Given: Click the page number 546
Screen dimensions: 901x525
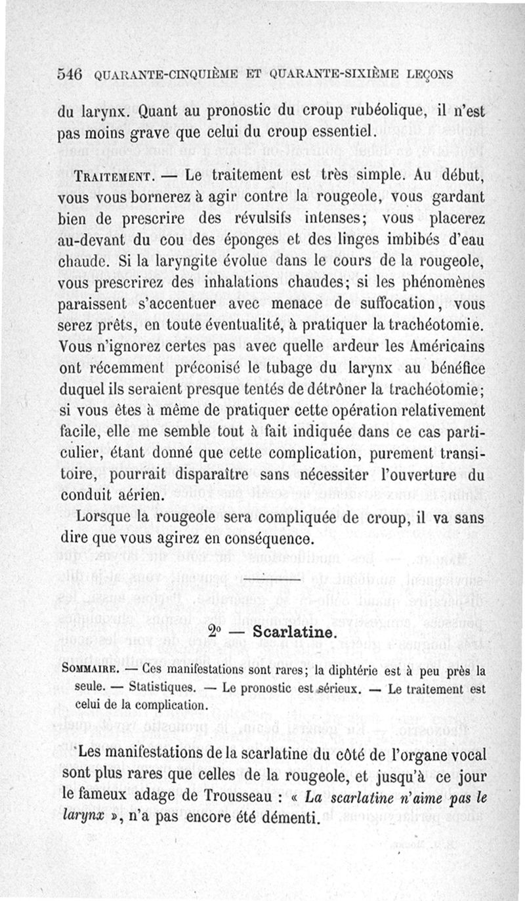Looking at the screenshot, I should click(68, 74).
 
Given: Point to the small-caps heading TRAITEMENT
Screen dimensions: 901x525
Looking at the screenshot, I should click(113, 177).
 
